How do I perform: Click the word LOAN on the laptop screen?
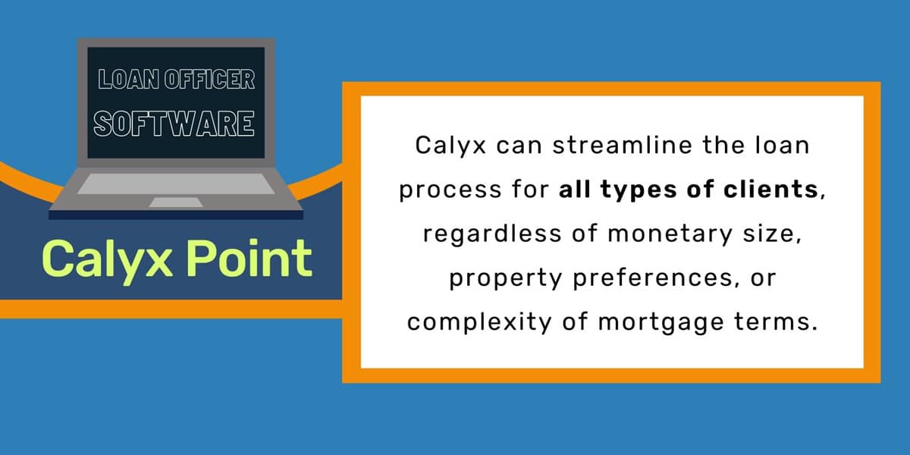click(x=128, y=79)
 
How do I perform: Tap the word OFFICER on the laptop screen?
click(x=209, y=79)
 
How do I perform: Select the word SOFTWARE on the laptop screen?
click(x=174, y=124)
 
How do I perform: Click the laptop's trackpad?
click(x=175, y=202)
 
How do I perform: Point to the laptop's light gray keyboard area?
click(x=175, y=184)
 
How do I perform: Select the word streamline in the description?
click(x=622, y=145)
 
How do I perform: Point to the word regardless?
click(x=492, y=234)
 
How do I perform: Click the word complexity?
click(x=479, y=323)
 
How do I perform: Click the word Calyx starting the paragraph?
click(x=450, y=146)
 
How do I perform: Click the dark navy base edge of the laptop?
click(x=176, y=215)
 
